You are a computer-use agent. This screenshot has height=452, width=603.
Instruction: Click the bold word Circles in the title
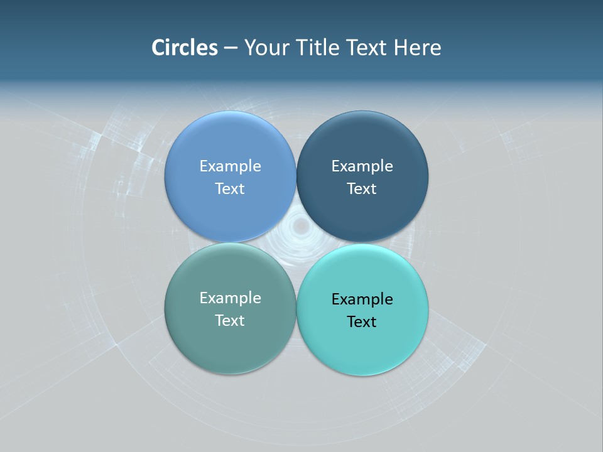coord(184,47)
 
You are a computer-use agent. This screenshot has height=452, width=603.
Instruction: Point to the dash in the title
coord(231,48)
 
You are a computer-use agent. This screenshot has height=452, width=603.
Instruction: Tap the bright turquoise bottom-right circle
coord(362,342)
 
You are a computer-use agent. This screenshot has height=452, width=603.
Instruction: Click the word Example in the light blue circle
coord(230,166)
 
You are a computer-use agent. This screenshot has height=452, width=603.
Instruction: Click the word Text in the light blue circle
coord(230,189)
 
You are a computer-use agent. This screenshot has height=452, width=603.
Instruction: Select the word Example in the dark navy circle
coord(362,166)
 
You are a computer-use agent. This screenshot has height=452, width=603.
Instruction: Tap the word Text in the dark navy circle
coord(362,189)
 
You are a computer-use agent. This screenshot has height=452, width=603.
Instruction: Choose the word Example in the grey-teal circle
coord(230,298)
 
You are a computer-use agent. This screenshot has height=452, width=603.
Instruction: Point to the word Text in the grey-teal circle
coord(230,321)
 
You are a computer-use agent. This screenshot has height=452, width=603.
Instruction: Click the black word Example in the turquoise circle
coord(362,299)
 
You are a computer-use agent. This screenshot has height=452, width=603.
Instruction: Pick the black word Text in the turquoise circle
coord(362,322)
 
